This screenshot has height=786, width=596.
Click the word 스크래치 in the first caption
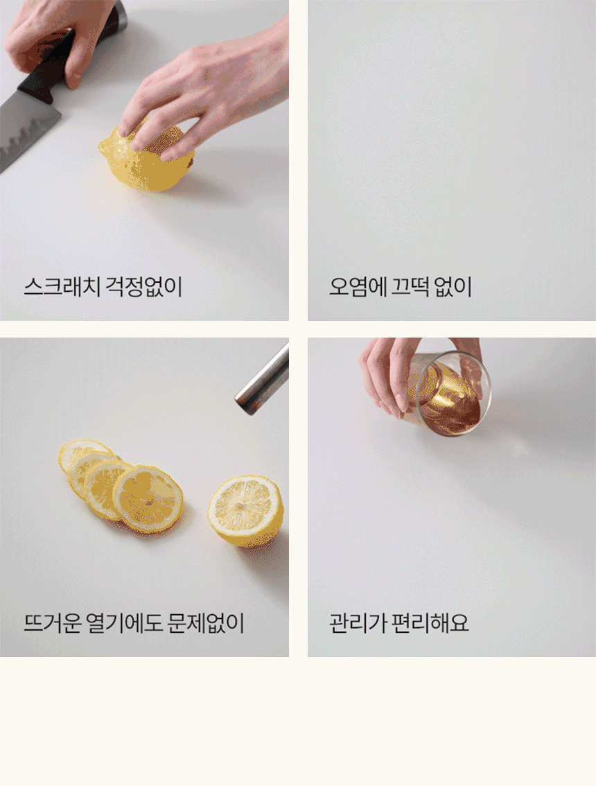pos(62,287)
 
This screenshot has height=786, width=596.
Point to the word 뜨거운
pos(52,623)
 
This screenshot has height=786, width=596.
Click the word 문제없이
pos(205,623)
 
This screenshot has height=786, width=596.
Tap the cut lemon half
pos(245,512)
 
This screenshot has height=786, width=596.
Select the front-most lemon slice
pos(148,498)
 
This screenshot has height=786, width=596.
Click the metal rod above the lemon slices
pos(263,378)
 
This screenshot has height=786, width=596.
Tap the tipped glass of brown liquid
pos(449,394)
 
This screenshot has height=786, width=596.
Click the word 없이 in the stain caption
pos(453,287)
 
